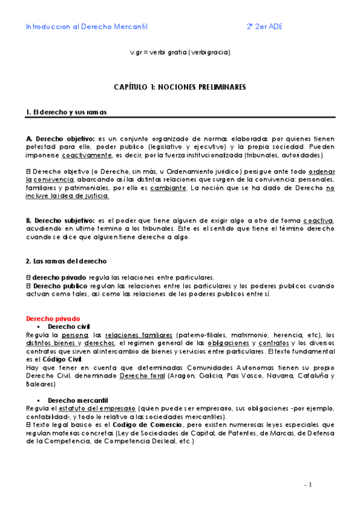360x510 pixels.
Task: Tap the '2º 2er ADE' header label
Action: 264,27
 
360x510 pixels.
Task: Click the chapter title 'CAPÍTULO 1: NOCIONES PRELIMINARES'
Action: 180,87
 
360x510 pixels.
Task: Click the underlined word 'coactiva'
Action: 318,221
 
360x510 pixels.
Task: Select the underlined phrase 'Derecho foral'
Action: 139,375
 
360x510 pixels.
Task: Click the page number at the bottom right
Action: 309,485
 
